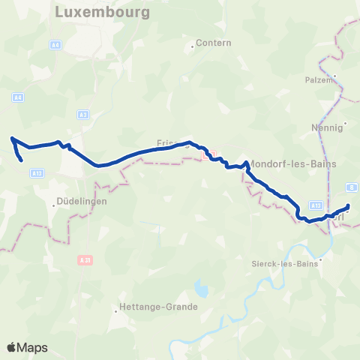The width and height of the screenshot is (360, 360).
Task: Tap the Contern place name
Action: coord(214,43)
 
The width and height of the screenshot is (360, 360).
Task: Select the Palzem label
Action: coord(319,79)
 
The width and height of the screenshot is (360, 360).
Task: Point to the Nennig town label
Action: coord(326,127)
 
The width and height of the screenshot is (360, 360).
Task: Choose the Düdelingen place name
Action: coord(82,202)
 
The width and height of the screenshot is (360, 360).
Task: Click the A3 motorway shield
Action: coord(82,115)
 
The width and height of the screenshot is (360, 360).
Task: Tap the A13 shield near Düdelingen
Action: coord(37,172)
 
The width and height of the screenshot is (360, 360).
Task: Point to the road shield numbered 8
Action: coord(352,187)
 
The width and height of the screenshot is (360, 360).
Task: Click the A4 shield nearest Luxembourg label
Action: coord(56,46)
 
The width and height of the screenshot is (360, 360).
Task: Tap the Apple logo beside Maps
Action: coord(12,348)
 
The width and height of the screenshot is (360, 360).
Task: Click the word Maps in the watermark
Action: coord(33,348)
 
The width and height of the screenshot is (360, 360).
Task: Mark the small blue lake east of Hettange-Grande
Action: coord(200,288)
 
